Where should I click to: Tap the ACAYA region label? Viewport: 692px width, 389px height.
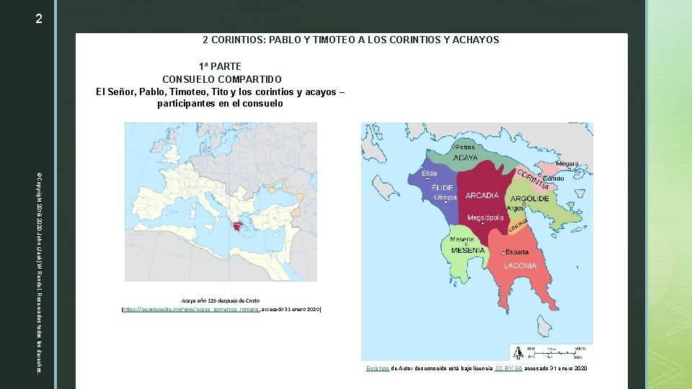pyautogui.click(x=464, y=158)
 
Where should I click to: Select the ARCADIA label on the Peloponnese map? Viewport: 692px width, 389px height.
pyautogui.click(x=482, y=195)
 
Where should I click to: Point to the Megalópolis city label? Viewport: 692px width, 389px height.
pyautogui.click(x=485, y=218)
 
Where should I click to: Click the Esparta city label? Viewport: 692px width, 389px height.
pyautogui.click(x=517, y=252)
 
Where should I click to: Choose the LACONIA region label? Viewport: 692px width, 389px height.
pyautogui.click(x=520, y=265)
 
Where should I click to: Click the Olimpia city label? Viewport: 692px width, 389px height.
pyautogui.click(x=444, y=197)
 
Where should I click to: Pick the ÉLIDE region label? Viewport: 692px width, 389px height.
pyautogui.click(x=442, y=187)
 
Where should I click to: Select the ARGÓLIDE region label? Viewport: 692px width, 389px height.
pyautogui.click(x=530, y=198)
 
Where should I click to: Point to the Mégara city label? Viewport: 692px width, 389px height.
pyautogui.click(x=567, y=164)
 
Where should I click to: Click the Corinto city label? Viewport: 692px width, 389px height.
pyautogui.click(x=553, y=178)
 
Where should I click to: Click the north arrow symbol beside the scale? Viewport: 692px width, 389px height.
pyautogui.click(x=518, y=353)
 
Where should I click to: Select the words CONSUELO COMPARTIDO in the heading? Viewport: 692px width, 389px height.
pyautogui.click(x=221, y=79)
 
